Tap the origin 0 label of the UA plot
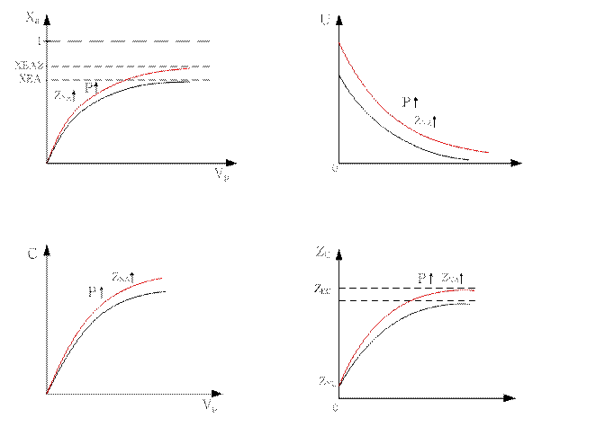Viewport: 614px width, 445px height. pos(334,170)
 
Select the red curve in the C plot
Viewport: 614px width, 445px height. pos(81,324)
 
